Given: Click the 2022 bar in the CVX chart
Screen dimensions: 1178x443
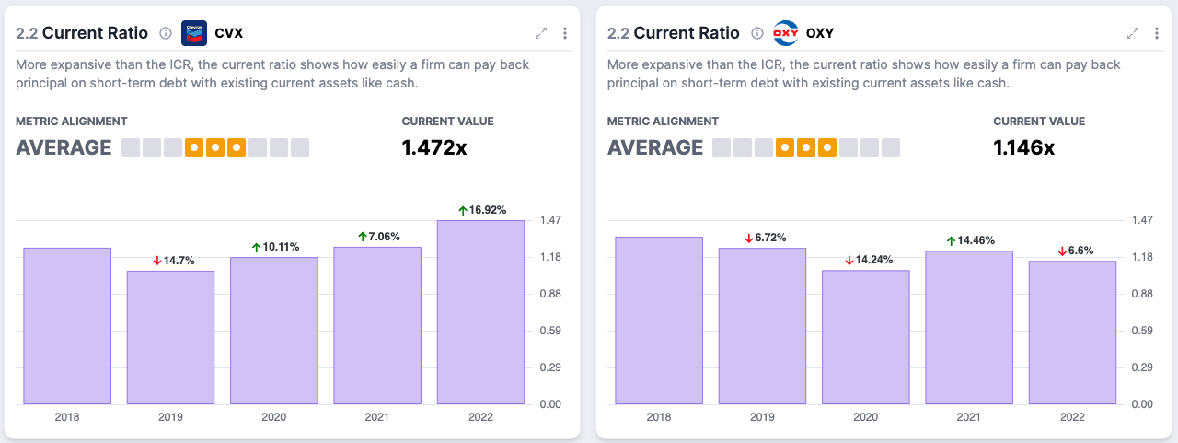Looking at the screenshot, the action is pyautogui.click(x=480, y=312).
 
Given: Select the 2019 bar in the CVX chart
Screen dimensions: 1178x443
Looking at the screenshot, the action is pyautogui.click(x=170, y=337).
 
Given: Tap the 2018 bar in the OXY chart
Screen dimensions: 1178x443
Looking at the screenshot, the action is pyautogui.click(x=659, y=321).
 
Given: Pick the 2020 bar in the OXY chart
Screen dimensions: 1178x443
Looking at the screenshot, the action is pyautogui.click(x=866, y=337).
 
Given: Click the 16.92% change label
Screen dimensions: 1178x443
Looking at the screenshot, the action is pyautogui.click(x=482, y=210).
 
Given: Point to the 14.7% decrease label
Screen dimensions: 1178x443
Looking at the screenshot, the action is pyautogui.click(x=174, y=261).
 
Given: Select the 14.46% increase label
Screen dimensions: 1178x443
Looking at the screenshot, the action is pyautogui.click(x=970, y=240).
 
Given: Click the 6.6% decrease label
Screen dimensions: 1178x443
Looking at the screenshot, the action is pyautogui.click(x=1076, y=251).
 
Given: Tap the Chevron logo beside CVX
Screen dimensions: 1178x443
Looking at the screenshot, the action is pyautogui.click(x=194, y=33).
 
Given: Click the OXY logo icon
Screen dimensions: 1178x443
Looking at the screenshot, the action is pyautogui.click(x=786, y=33).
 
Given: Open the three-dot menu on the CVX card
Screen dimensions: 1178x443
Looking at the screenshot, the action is pyautogui.click(x=565, y=33).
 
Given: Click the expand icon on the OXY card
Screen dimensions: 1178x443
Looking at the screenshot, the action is pyautogui.click(x=1133, y=33).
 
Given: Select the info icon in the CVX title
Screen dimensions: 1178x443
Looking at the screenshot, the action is pyautogui.click(x=166, y=33).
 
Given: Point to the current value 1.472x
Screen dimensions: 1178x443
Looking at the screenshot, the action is pyautogui.click(x=434, y=148).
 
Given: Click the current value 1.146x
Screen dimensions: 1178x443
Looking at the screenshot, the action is pyautogui.click(x=1024, y=148).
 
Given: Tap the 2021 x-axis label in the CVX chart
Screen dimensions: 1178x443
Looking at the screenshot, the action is pyautogui.click(x=377, y=417).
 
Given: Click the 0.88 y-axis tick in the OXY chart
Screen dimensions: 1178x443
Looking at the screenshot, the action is pyautogui.click(x=1142, y=294).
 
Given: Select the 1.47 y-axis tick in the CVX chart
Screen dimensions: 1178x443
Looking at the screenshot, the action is pyautogui.click(x=550, y=220).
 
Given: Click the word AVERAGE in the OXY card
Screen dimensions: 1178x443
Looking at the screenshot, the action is pyautogui.click(x=655, y=148).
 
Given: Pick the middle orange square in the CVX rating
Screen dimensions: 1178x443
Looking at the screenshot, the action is pyautogui.click(x=215, y=148).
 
